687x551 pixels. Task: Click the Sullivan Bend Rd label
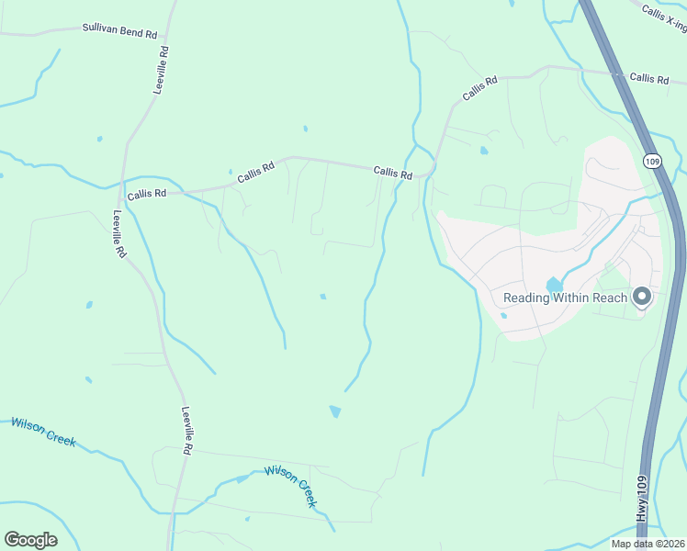(x=120, y=32)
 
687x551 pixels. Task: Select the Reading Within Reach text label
(x=565, y=298)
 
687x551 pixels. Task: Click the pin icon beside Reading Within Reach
(x=642, y=297)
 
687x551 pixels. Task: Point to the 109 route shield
(x=651, y=161)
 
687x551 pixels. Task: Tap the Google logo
(x=30, y=540)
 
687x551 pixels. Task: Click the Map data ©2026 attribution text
(x=647, y=544)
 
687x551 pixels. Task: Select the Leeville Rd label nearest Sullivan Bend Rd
(x=163, y=70)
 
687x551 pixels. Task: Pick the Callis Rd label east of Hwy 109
(x=649, y=79)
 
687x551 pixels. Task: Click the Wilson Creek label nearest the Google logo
(x=42, y=431)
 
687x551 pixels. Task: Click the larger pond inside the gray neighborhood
(x=554, y=287)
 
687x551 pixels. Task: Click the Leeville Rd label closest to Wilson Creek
(x=186, y=431)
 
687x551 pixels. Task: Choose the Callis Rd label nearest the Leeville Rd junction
(x=147, y=194)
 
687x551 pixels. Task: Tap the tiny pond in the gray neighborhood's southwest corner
(x=503, y=316)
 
